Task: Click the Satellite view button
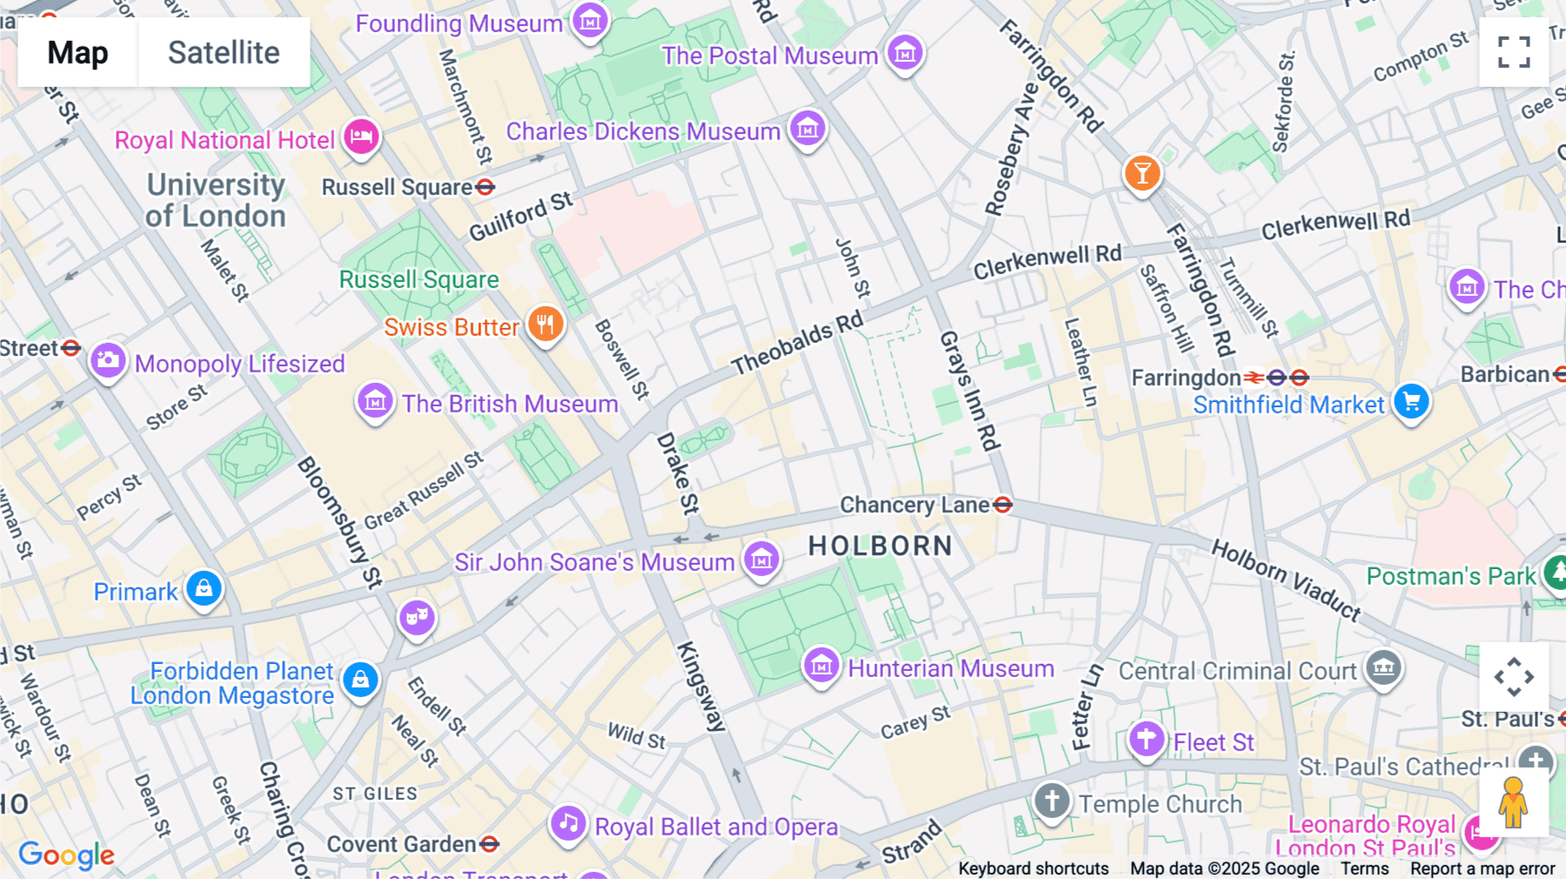[x=224, y=52]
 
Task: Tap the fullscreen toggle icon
[x=1514, y=52]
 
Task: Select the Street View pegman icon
[x=1513, y=802]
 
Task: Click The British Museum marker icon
[x=375, y=401]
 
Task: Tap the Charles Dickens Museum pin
[x=807, y=130]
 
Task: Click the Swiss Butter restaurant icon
[x=545, y=325]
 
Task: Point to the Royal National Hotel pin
[x=361, y=137]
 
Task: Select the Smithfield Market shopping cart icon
[x=1411, y=401]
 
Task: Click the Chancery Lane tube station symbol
[x=1002, y=505]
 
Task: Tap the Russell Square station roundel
[x=485, y=187]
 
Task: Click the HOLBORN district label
[x=880, y=546]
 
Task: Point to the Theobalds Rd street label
[x=797, y=343]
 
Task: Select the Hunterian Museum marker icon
[x=820, y=667]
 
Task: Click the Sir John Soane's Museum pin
[x=761, y=560]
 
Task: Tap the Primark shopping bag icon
[x=204, y=588]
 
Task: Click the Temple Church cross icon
[x=1051, y=800]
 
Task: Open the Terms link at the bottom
[x=1364, y=869]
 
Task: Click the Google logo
[x=66, y=856]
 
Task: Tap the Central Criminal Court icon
[x=1383, y=668]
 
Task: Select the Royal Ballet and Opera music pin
[x=568, y=822]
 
